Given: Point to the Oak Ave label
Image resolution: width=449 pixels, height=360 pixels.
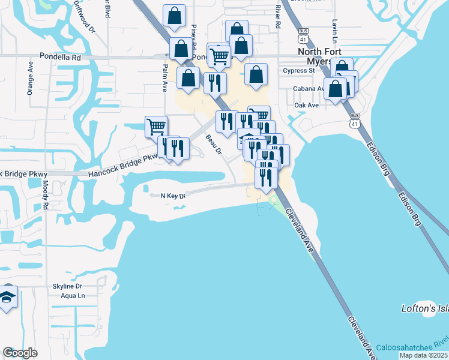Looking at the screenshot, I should coord(306,105).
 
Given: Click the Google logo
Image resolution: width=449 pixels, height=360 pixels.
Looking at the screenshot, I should coord(20,353).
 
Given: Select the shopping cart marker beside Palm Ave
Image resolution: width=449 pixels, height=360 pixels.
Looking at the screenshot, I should coord(156,126).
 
